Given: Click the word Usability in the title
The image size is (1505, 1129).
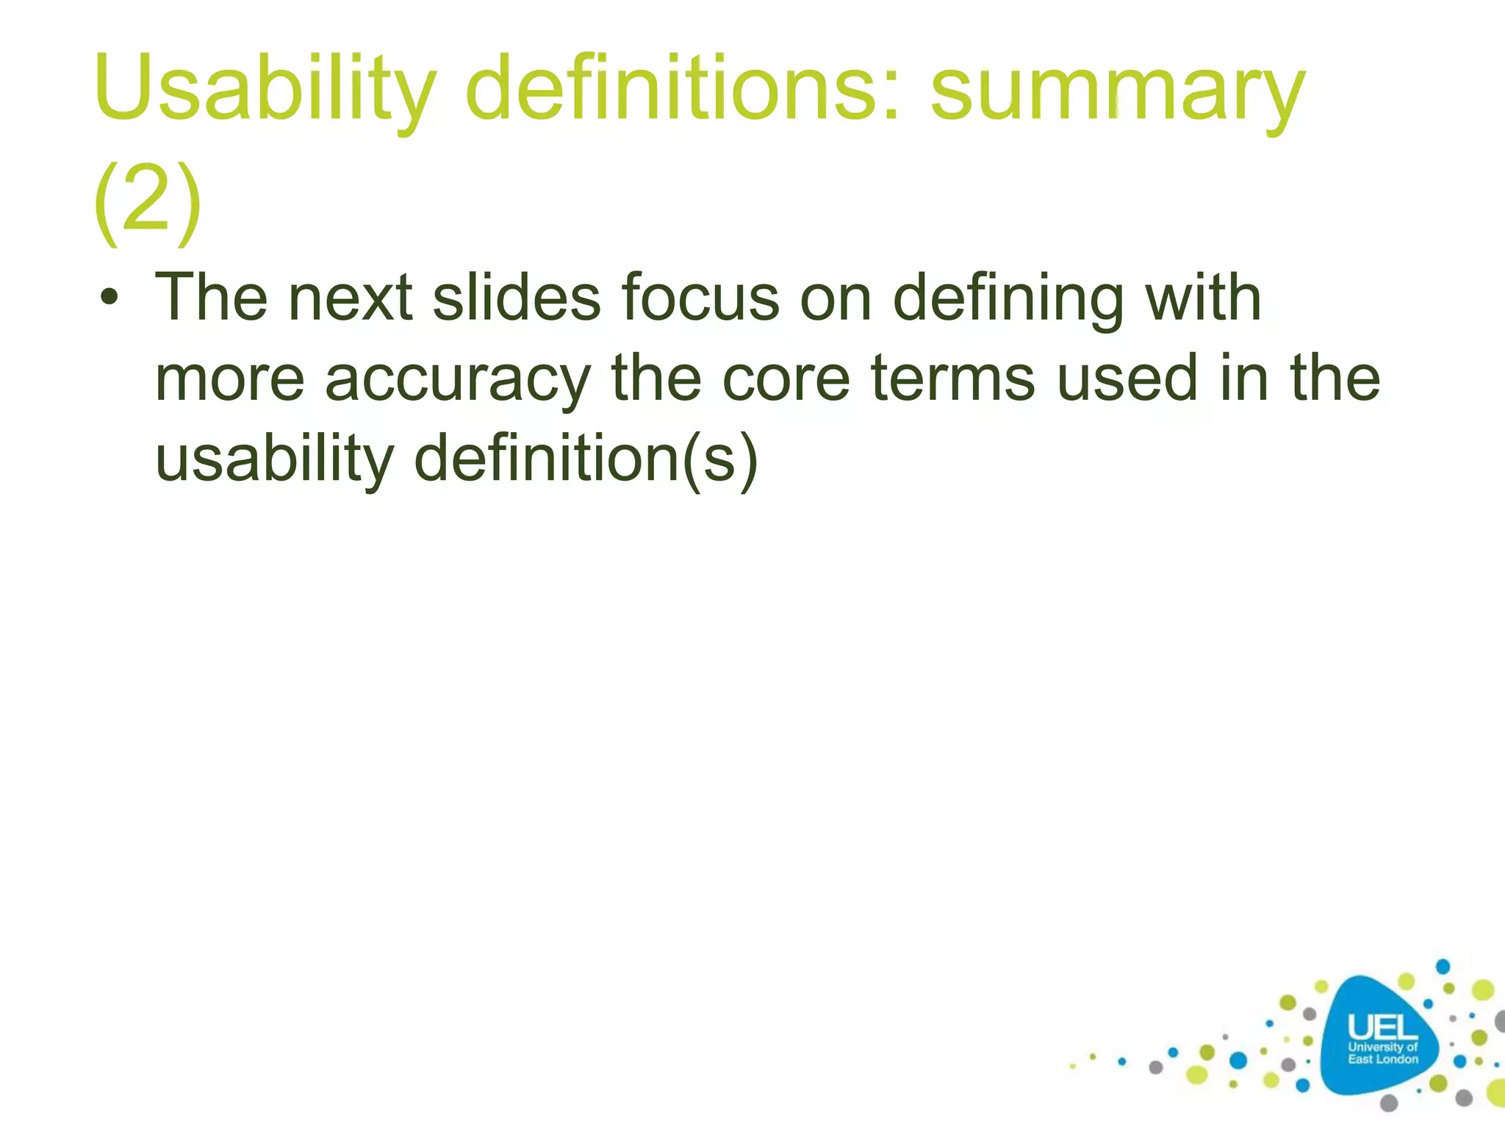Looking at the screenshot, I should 265,90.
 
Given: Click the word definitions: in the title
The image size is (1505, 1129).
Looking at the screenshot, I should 683,90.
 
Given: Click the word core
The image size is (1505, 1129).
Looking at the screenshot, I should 786,379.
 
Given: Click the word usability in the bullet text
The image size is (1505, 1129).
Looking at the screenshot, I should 275,460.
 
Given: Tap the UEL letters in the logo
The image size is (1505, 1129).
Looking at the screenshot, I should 1382,1028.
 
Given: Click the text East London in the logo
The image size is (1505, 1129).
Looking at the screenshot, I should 1382,1059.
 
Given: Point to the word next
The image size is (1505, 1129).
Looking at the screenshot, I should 350,298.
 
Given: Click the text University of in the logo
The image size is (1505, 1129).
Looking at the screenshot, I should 1382,1047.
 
